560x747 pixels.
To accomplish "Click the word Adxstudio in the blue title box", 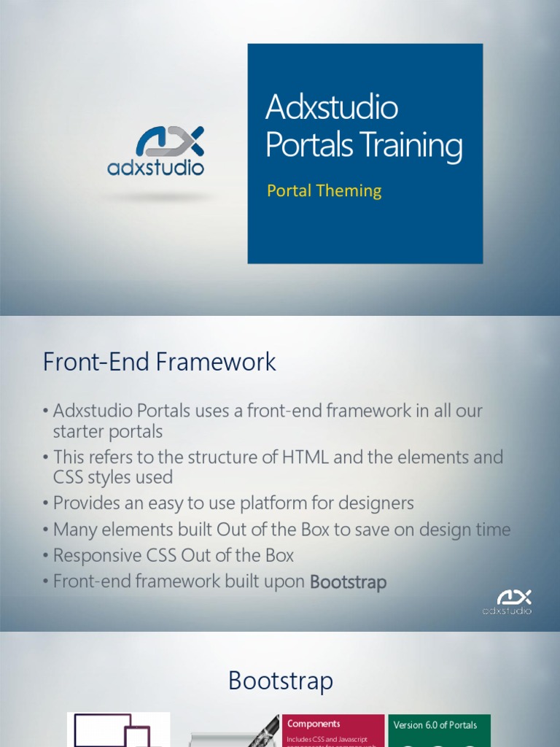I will click(x=332, y=108).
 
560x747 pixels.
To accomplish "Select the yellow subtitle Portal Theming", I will click(x=324, y=191).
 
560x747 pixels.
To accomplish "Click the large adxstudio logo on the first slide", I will click(x=156, y=151).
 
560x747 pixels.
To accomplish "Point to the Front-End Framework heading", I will click(x=160, y=362).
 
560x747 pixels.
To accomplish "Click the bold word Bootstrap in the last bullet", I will click(x=349, y=582).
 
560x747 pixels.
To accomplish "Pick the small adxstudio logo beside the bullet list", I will click(x=507, y=602).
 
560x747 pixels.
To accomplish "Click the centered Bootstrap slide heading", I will click(x=281, y=681).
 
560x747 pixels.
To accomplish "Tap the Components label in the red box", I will click(x=314, y=724).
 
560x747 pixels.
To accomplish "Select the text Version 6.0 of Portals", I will click(x=435, y=725).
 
